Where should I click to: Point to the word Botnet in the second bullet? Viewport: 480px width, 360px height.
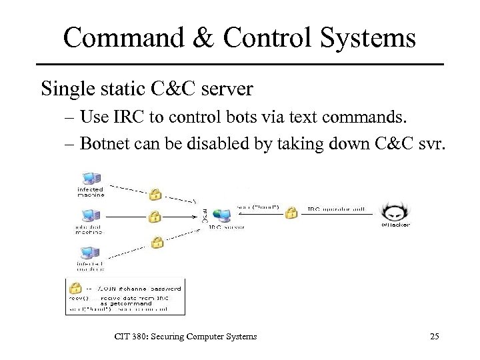105,145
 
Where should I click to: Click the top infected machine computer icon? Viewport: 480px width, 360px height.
89,178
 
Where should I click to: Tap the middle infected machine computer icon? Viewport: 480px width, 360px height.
89,215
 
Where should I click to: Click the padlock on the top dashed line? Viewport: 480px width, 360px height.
155,195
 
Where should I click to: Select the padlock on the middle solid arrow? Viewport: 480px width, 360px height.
155,217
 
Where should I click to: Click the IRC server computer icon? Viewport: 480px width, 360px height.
224,215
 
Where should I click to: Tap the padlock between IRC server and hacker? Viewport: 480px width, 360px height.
291,213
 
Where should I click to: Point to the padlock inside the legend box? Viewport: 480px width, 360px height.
76,287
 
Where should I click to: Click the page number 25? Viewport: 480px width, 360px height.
434,337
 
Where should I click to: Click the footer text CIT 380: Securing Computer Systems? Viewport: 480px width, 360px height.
186,337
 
